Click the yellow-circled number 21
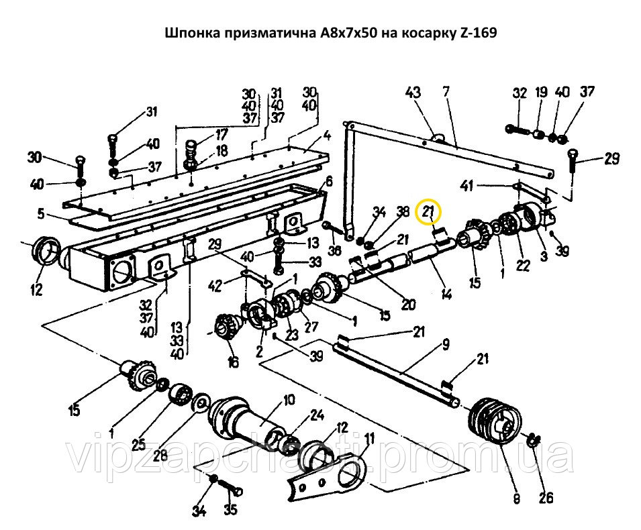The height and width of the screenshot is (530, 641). point(430,213)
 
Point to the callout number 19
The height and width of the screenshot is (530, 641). point(540,93)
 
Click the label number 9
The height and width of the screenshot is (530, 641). point(444,347)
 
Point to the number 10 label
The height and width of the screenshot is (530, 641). point(289,401)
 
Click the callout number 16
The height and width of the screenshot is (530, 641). point(233,363)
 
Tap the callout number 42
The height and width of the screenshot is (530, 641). point(215,286)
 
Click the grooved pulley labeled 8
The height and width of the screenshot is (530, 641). point(494,421)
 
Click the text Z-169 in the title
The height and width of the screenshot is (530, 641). point(476,32)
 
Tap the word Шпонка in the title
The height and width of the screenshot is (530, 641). point(189,32)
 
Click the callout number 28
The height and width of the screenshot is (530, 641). point(159,455)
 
